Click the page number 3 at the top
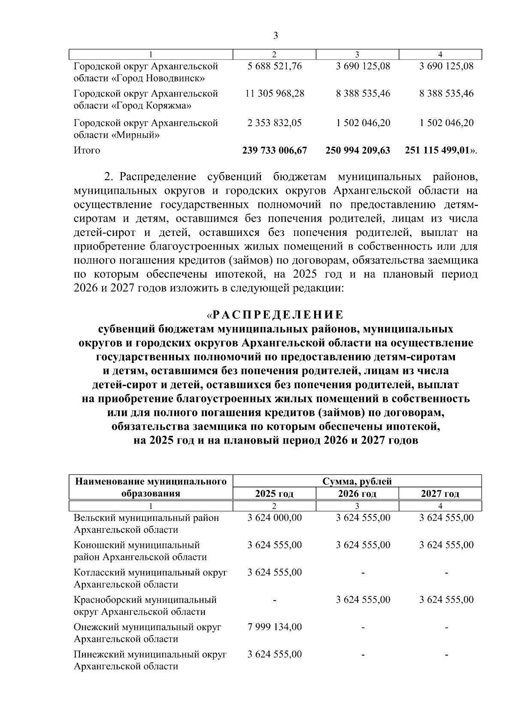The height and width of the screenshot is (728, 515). [x=276, y=36]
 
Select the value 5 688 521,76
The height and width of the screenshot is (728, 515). [x=275, y=66]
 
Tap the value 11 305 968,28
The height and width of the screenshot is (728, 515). [x=275, y=94]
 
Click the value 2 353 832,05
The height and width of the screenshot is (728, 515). [x=275, y=123]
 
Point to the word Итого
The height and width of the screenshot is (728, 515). [x=87, y=151]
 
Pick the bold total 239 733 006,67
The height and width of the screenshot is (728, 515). [x=275, y=151]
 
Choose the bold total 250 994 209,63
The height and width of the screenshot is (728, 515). [x=357, y=151]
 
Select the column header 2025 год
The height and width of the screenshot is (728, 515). [x=274, y=494]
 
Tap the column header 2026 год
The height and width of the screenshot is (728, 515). [x=357, y=494]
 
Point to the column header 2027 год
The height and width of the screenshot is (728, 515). [x=440, y=494]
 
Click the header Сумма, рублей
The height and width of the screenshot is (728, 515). [x=357, y=481]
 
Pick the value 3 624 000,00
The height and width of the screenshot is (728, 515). [x=275, y=518]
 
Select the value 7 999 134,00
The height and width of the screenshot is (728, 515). [x=275, y=627]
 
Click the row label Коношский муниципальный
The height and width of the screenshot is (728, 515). [x=137, y=545]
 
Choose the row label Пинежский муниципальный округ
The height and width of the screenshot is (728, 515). [x=150, y=655]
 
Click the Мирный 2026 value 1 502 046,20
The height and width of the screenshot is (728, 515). [x=364, y=123]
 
